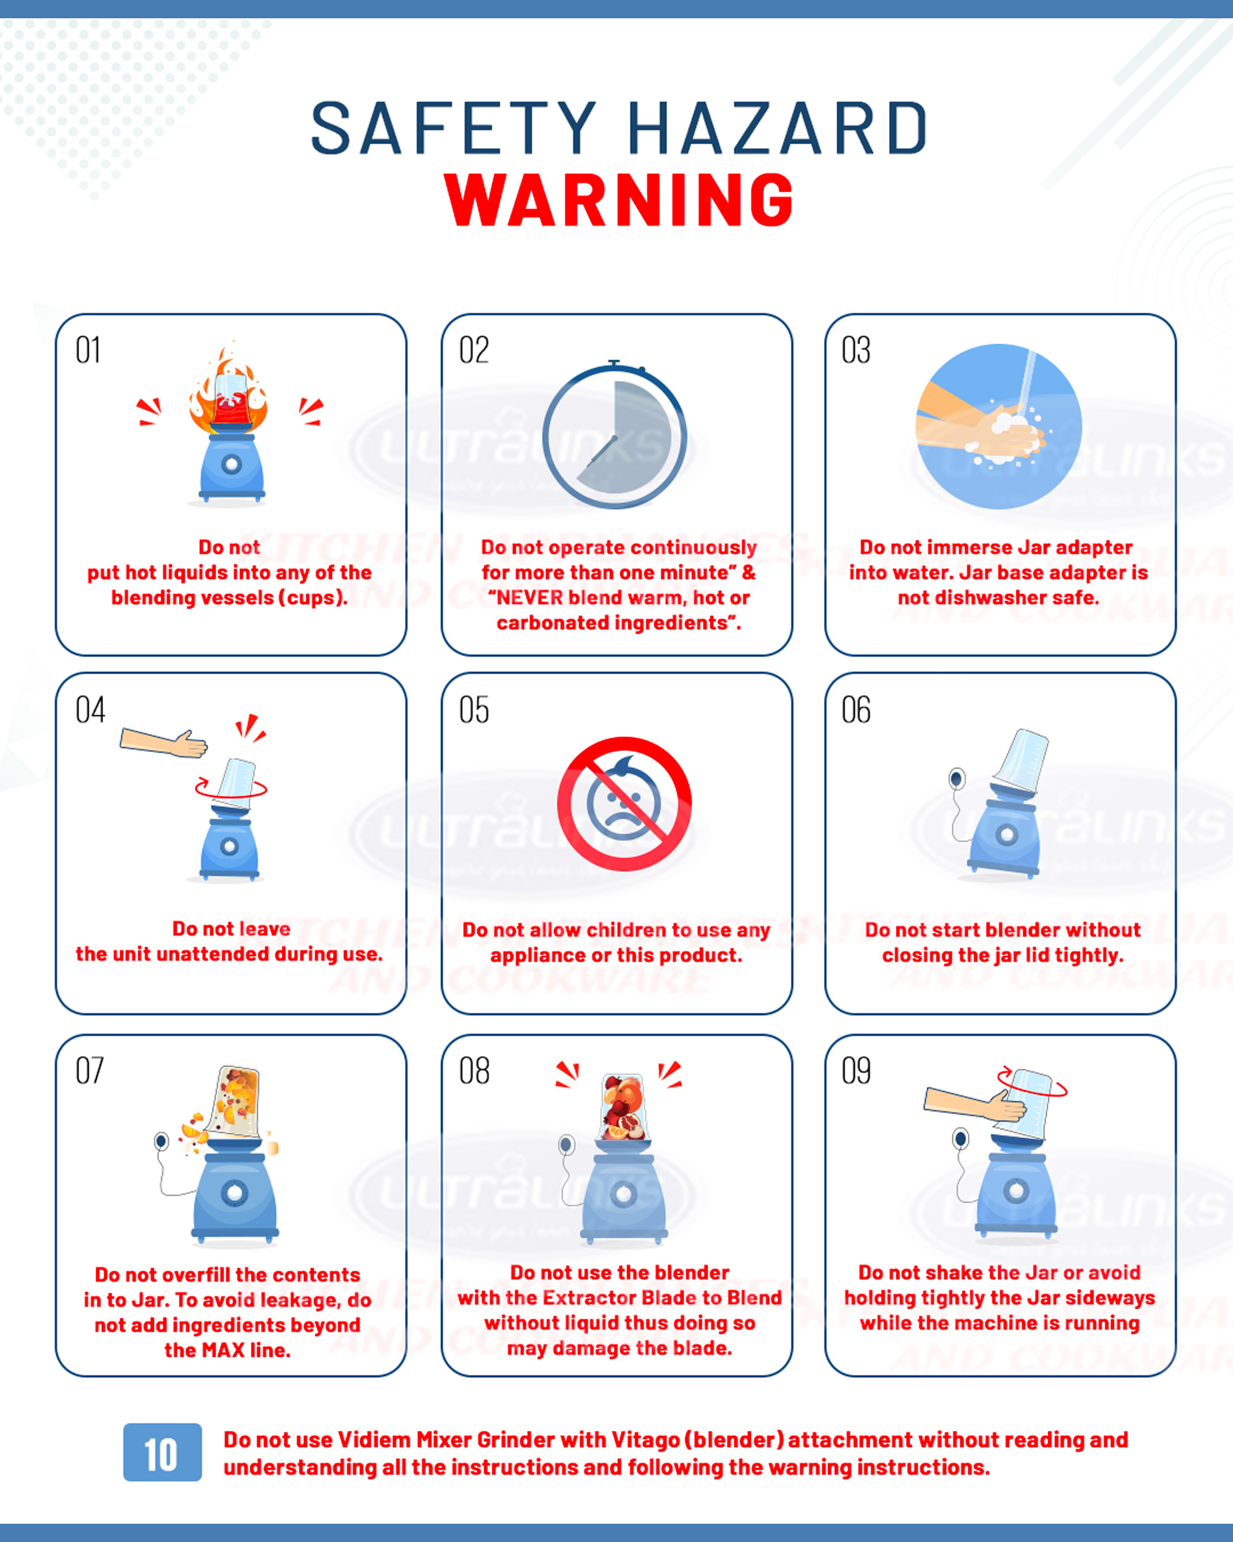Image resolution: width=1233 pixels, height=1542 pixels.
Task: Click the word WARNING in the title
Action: [619, 200]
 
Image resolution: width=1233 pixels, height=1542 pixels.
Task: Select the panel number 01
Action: [88, 350]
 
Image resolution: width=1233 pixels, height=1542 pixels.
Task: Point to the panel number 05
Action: [474, 709]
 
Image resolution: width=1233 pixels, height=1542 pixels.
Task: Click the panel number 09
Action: [856, 1071]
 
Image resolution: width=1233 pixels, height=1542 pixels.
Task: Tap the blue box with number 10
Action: [162, 1452]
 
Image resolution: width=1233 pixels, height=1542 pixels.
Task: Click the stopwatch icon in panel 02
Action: [615, 434]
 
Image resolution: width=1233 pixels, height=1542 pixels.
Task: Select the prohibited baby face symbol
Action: [624, 804]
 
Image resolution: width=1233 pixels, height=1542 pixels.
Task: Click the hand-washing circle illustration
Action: [999, 426]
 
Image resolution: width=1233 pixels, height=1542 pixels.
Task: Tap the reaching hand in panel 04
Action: [164, 743]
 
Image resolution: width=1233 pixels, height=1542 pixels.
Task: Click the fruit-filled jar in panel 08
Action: [623, 1107]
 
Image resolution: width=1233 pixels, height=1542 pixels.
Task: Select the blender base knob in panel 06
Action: [1007, 834]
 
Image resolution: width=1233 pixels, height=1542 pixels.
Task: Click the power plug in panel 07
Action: [162, 1140]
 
